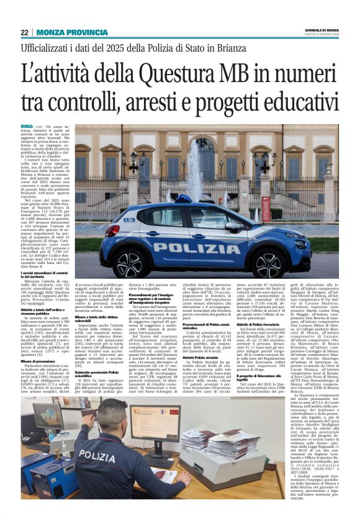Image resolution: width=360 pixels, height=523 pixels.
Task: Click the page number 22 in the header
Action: [x=24, y=32]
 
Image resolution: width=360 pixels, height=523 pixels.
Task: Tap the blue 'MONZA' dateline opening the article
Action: [x=27, y=126]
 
